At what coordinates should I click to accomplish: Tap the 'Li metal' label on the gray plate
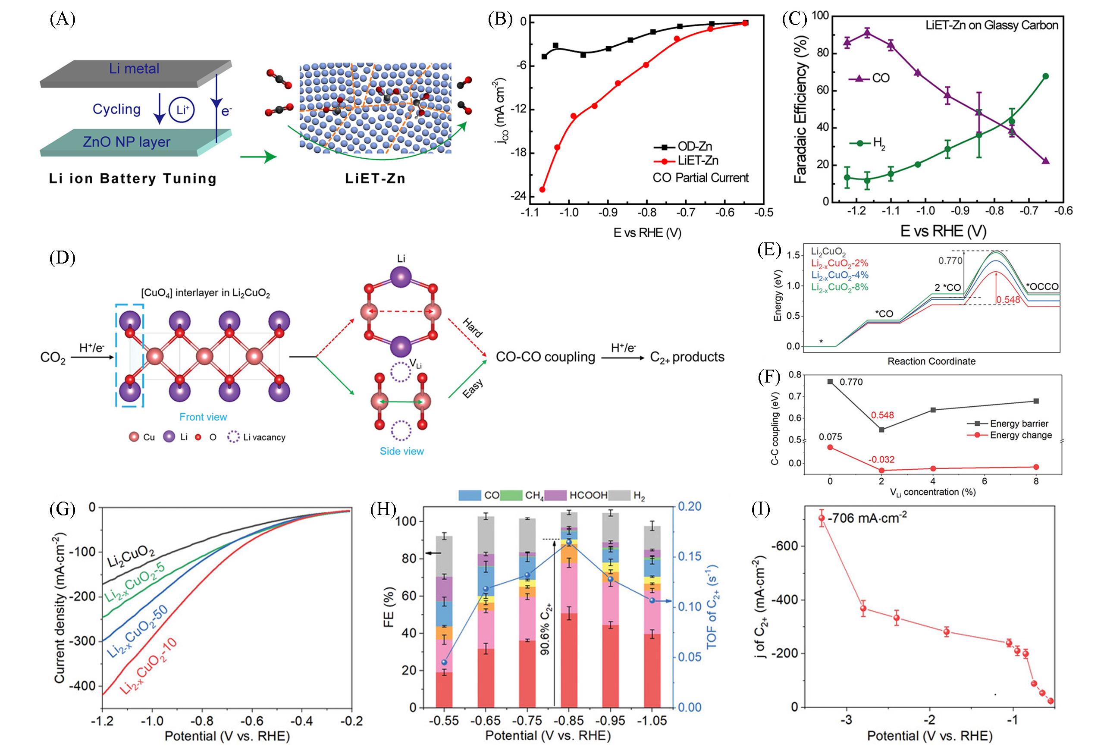tap(134, 69)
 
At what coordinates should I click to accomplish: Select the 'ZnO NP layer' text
tap(126, 142)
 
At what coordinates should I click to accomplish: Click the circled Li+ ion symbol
tap(183, 110)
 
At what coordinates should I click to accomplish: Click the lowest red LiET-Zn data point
tap(542, 190)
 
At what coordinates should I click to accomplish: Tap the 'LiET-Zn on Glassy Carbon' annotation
tap(992, 25)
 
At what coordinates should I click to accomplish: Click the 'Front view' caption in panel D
tap(203, 417)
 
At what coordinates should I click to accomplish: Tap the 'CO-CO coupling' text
tap(546, 357)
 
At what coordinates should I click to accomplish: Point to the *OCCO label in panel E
tap(1042, 287)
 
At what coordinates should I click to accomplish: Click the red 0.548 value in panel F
tap(882, 415)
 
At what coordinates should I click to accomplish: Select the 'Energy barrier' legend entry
tap(1019, 424)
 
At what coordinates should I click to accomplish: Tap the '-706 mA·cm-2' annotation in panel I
tap(867, 518)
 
